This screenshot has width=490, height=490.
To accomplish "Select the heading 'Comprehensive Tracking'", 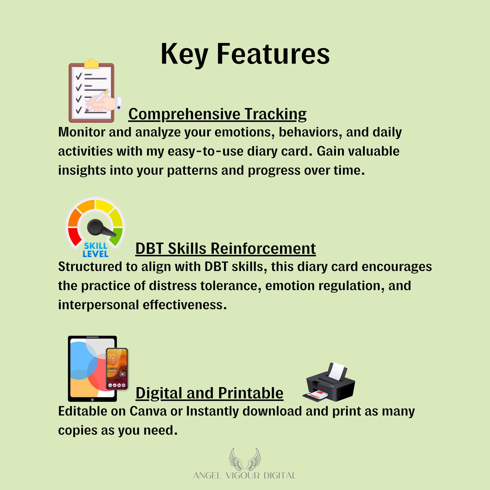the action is point(217,114).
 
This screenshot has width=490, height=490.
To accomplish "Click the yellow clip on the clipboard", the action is point(91,64).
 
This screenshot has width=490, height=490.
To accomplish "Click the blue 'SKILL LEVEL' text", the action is point(96,250).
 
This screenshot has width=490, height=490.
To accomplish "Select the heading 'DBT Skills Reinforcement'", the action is point(225,248).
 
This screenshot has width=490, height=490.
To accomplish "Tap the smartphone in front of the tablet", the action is point(117,369).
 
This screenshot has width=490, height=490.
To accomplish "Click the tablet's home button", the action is point(92,400).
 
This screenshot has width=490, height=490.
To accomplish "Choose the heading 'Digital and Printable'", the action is point(209,393).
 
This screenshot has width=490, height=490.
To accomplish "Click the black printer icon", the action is point(329,383).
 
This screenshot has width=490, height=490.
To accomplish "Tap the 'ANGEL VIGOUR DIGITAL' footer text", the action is point(245,476).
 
